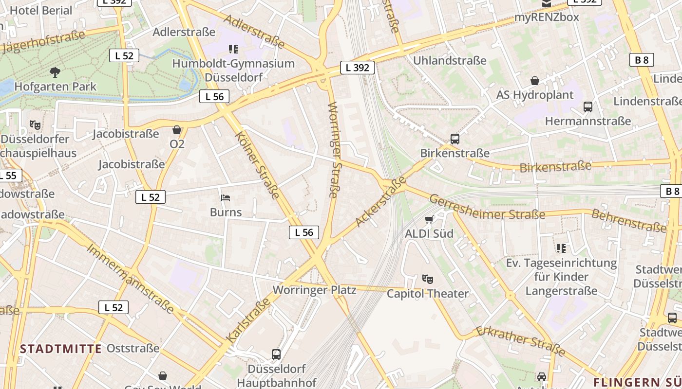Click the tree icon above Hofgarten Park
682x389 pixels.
click(55, 72)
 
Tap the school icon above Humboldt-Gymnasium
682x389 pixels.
click(233, 49)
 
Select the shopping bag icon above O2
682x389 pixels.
click(177, 130)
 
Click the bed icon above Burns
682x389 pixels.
click(226, 198)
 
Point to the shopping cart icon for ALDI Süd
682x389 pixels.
click(429, 220)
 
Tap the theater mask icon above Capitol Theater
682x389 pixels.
click(428, 279)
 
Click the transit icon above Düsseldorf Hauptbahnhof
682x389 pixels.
click(276, 354)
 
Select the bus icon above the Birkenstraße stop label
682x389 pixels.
click(455, 139)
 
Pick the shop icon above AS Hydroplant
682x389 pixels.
click(535, 81)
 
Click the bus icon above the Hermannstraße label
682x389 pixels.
click(588, 107)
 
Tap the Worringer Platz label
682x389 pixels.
click(314, 290)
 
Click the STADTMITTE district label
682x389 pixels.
click(61, 349)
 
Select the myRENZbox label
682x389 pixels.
click(547, 17)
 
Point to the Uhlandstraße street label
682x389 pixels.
click(450, 60)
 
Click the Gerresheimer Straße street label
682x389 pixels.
click(487, 208)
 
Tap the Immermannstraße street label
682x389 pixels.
click(130, 278)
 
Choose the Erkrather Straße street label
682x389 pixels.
click(520, 341)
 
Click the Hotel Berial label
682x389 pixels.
click(41, 10)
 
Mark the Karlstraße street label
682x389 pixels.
click(248, 319)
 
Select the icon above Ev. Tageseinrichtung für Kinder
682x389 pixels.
click(561, 248)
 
